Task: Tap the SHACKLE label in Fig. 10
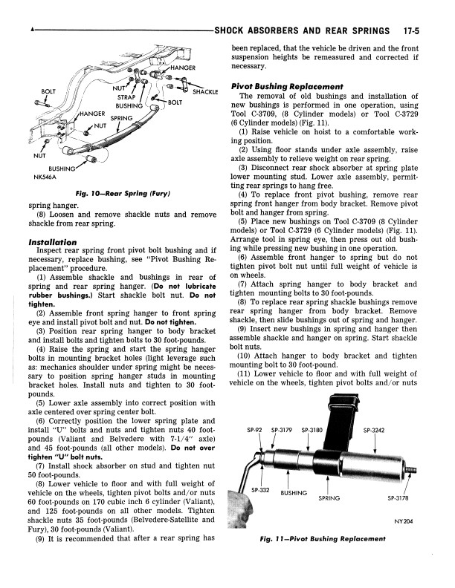(x=204, y=92)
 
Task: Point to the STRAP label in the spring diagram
(x=126, y=97)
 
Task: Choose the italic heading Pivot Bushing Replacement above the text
(x=287, y=86)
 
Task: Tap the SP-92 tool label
(x=255, y=429)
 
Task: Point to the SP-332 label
(x=259, y=490)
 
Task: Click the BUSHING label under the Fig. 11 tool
(x=294, y=492)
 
